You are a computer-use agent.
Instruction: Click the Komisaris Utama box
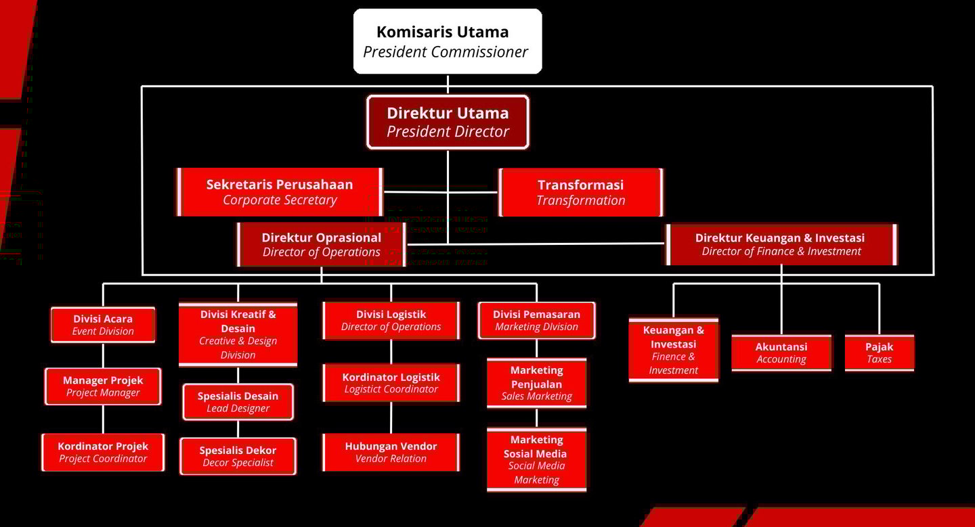[x=447, y=41]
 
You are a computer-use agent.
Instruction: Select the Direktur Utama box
[x=448, y=122]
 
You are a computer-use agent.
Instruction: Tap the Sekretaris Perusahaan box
[x=280, y=192]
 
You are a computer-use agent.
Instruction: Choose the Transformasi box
[x=580, y=192]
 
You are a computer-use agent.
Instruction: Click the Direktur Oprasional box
[x=322, y=245]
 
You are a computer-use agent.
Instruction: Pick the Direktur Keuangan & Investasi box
[x=780, y=245]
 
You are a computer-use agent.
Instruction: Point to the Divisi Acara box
[x=103, y=325]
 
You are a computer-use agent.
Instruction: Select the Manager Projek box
[x=103, y=386]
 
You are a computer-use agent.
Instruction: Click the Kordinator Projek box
[x=103, y=453]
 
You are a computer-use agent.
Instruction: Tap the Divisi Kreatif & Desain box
[x=238, y=334]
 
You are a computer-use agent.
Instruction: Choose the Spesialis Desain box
[x=238, y=402]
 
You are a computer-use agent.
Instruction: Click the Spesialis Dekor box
[x=238, y=456]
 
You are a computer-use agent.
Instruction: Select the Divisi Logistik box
[x=391, y=320]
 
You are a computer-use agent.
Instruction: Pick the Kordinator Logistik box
[x=391, y=383]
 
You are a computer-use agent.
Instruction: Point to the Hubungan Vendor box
[x=391, y=452]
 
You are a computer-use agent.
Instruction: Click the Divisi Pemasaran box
[x=536, y=320]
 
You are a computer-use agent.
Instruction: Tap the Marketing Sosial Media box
[x=536, y=459]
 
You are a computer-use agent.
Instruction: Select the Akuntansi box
[x=781, y=352]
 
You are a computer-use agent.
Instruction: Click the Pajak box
[x=879, y=352]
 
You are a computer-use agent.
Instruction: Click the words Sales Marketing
[x=536, y=397]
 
